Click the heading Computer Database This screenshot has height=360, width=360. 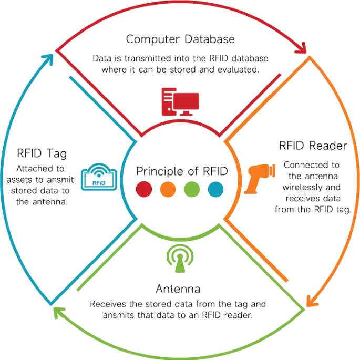point(180,39)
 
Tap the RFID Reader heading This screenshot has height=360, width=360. point(312,146)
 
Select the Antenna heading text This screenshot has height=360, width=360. point(179,289)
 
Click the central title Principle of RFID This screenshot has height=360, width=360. point(182,171)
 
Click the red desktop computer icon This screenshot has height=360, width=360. point(180,100)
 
